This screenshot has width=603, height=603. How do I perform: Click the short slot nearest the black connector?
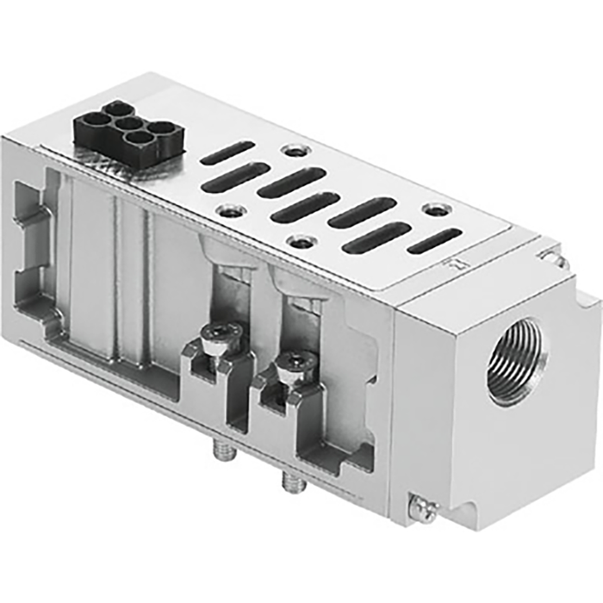(227, 152)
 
